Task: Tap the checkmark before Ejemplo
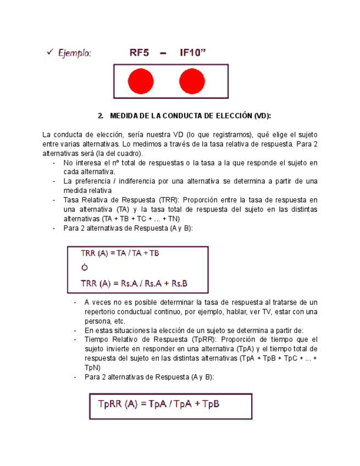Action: [49, 52]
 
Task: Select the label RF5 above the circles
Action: [139, 53]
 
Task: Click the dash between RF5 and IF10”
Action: [164, 53]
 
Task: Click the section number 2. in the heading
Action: [100, 116]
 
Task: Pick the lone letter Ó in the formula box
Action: [84, 269]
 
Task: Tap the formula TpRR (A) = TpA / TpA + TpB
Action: [159, 404]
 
